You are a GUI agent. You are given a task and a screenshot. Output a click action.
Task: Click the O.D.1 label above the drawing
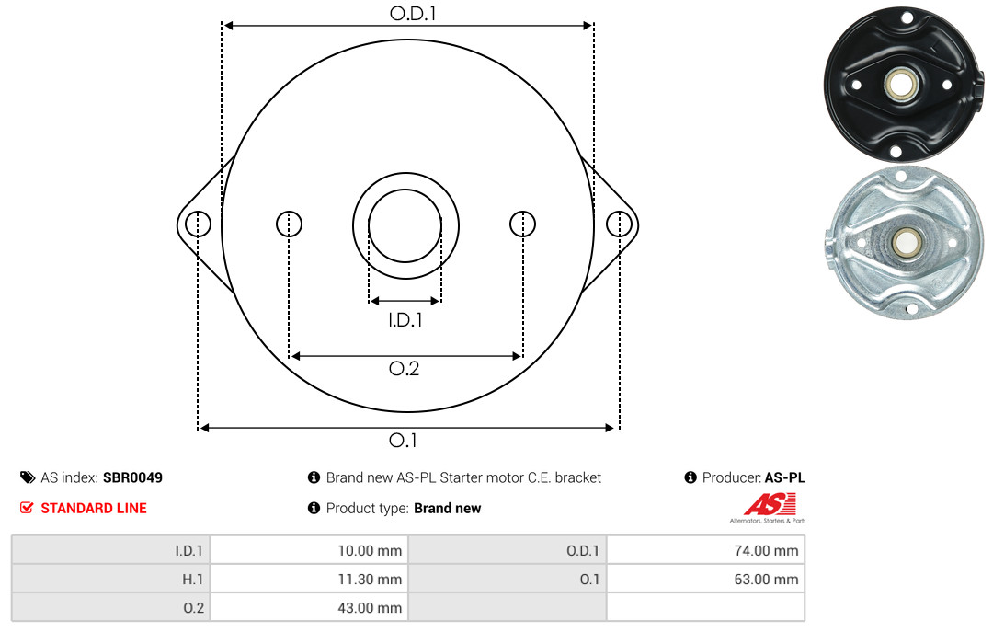point(413,13)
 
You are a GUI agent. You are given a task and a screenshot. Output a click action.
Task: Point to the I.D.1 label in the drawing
point(405,320)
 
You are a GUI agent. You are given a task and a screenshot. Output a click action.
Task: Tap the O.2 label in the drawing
point(404,368)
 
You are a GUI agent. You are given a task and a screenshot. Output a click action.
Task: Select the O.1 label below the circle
point(403,440)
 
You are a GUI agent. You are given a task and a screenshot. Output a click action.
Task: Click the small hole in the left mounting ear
point(199,224)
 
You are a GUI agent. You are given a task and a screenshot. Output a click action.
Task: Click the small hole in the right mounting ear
point(619,224)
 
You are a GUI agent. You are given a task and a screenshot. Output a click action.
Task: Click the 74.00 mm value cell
point(705,550)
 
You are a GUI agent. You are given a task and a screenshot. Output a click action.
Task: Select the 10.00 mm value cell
point(309,550)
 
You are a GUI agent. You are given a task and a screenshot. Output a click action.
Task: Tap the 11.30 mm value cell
point(309,579)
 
